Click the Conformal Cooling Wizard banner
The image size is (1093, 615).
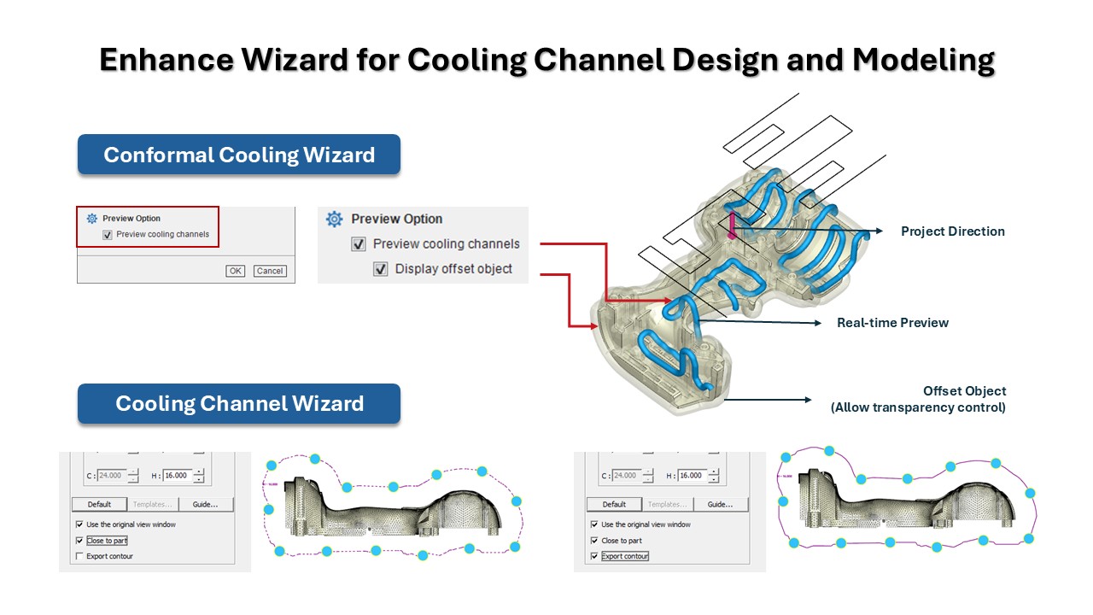pyautogui.click(x=239, y=155)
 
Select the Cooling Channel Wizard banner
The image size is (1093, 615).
pyautogui.click(x=239, y=403)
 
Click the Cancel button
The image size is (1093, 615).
pyautogui.click(x=270, y=271)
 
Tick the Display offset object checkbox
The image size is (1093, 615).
pyautogui.click(x=381, y=269)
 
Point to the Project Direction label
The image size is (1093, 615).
pyautogui.click(x=953, y=231)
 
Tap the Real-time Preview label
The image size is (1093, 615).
pyautogui.click(x=892, y=323)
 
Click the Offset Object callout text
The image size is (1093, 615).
pyautogui.click(x=964, y=391)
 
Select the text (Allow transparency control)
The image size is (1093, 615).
pyautogui.click(x=918, y=407)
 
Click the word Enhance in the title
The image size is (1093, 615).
pyautogui.click(x=160, y=61)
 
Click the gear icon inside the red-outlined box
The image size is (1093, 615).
pyautogui.click(x=92, y=219)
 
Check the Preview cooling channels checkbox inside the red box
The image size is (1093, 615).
pyautogui.click(x=108, y=235)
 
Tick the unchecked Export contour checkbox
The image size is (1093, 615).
pyautogui.click(x=79, y=556)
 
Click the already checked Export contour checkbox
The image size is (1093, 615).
pyautogui.click(x=594, y=556)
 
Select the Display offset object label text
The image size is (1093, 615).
pyautogui.click(x=453, y=269)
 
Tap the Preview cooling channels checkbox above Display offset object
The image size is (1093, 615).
pyautogui.click(x=359, y=244)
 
